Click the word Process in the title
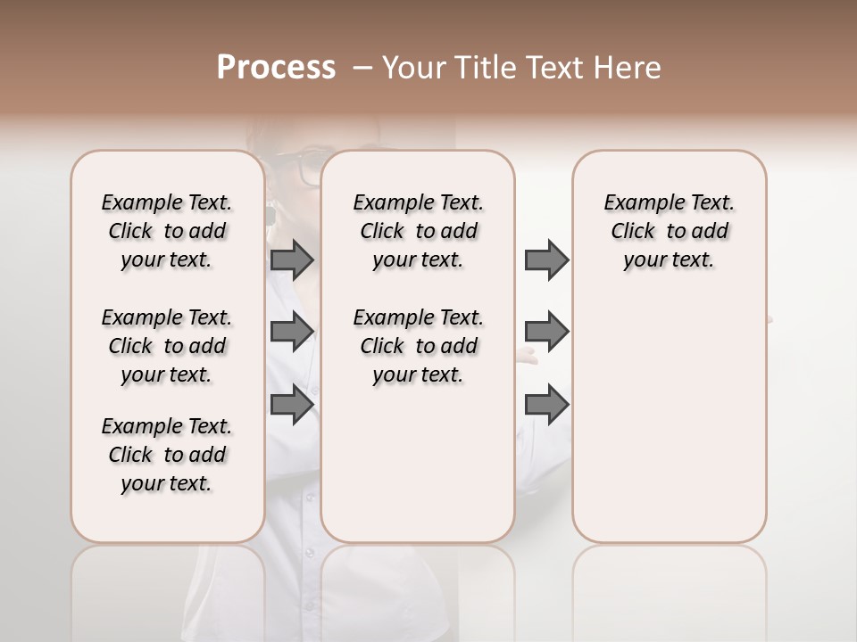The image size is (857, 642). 275,68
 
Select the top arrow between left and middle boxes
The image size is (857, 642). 292,259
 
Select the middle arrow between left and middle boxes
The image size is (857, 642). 292,332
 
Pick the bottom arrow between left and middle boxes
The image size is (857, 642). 292,405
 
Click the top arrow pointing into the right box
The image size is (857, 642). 546,259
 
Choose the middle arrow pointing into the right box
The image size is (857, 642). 546,332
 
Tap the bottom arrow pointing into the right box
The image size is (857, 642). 546,405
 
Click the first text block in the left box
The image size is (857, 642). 167,231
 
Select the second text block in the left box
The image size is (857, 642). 167,346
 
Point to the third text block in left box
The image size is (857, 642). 167,455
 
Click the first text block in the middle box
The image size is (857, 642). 418,231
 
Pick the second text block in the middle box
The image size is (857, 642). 418,346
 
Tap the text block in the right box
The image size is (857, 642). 669,231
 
